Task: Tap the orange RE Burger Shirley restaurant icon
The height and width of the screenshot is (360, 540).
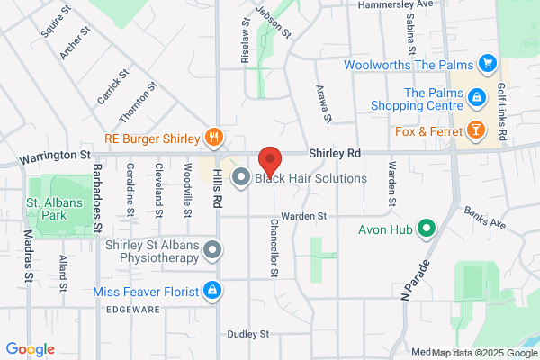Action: (x=213, y=138)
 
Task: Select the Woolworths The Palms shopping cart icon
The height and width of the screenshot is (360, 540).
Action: (x=488, y=63)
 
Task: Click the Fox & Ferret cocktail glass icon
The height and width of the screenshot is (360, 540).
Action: (x=474, y=131)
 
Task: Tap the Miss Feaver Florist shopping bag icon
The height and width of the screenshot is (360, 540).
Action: (x=212, y=291)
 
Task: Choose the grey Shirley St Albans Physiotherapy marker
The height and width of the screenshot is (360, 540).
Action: (x=212, y=250)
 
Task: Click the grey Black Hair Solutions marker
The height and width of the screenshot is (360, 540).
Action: (x=241, y=177)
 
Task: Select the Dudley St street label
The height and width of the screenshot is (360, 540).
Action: (x=249, y=334)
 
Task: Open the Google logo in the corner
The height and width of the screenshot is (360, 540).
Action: (x=30, y=348)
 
